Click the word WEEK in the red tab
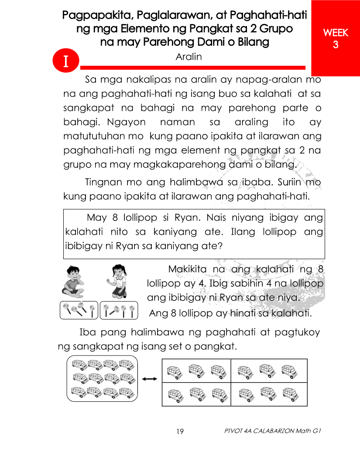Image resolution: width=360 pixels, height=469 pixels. pos(335,33)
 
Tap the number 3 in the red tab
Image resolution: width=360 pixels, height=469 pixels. pos(336,45)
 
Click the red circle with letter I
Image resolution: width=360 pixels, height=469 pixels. pos(65,61)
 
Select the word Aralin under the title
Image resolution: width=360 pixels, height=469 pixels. pos(189,57)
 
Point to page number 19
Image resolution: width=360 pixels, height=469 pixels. pos(180,431)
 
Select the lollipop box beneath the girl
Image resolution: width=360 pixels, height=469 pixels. pos(119,310)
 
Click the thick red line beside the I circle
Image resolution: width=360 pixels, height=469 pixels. pos(192,68)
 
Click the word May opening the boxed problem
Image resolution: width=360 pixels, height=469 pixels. pos(97,218)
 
